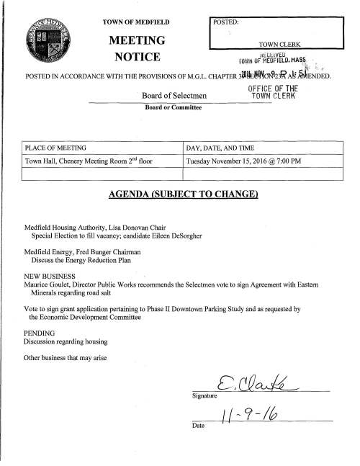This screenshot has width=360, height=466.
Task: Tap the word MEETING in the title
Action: tap(138, 38)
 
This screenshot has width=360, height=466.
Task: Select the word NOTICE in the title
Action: tap(138, 55)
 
